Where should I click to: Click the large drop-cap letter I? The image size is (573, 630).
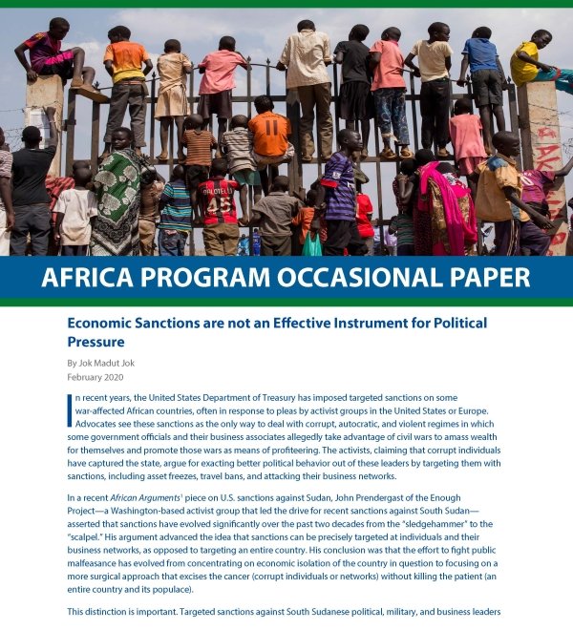71,409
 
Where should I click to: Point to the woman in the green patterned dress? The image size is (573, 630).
117,196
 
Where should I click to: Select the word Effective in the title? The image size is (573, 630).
323,324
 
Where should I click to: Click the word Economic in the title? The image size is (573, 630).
99,324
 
